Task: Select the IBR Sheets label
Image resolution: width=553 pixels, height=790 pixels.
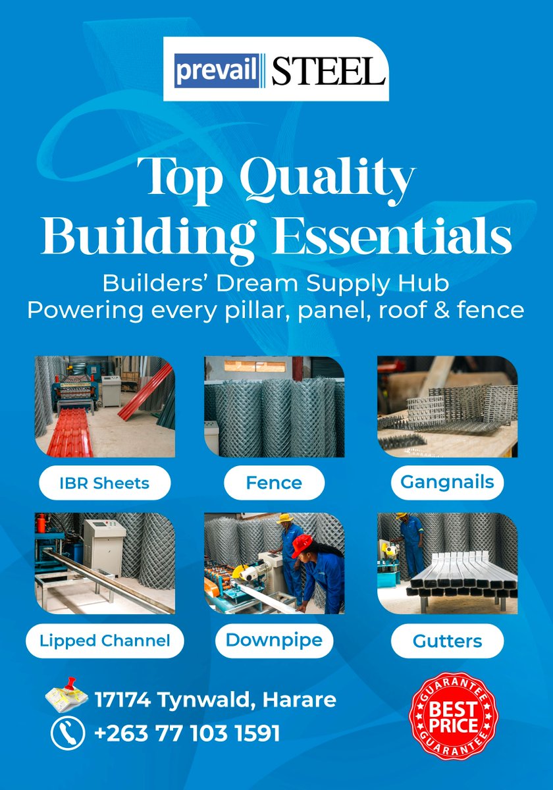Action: click(105, 483)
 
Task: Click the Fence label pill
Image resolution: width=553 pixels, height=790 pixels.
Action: click(274, 483)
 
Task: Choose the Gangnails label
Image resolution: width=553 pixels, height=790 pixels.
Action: click(447, 482)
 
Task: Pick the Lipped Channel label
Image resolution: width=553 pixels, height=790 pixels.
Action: click(105, 640)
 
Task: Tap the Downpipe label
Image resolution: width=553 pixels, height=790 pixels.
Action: click(274, 639)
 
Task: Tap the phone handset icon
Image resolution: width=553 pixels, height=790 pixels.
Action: click(68, 733)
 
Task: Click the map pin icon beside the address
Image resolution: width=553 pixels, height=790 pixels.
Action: click(67, 697)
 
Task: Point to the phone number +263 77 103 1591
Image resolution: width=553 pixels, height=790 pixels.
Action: click(188, 733)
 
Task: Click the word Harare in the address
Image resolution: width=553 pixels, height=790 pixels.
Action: click(300, 699)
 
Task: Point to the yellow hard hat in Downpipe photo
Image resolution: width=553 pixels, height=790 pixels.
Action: click(284, 519)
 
